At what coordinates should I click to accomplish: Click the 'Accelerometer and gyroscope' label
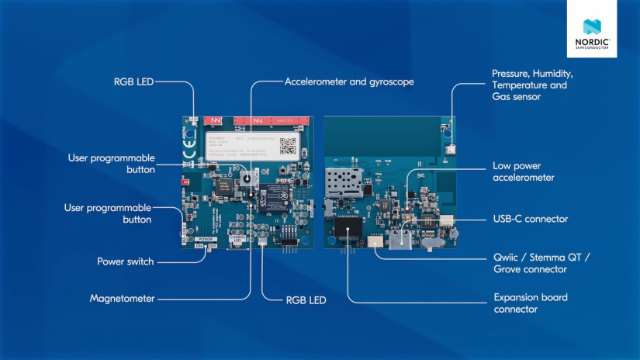(x=349, y=81)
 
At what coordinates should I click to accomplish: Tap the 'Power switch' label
(x=125, y=261)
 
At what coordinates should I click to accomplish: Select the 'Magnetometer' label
(x=122, y=298)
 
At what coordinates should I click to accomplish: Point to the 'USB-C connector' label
(x=530, y=219)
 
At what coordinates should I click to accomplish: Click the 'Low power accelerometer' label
(x=523, y=171)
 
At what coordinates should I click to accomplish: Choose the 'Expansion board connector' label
(x=531, y=303)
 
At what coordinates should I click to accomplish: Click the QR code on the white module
(x=289, y=144)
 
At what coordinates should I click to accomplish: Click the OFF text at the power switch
(x=214, y=245)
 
